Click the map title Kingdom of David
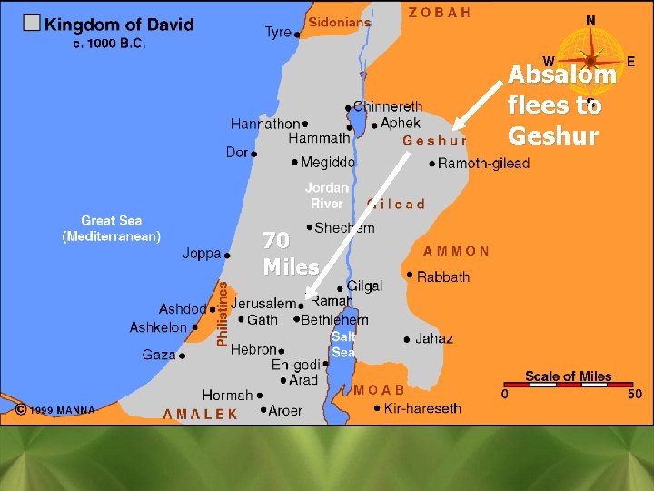pos(120,25)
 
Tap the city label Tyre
pos(278,33)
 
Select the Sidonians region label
pos(340,21)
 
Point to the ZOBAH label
pos(440,13)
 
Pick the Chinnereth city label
pos(387,107)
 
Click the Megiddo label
pos(327,163)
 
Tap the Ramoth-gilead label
pos(483,164)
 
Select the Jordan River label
pos(327,195)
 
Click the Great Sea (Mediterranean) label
pos(112,228)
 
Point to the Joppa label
pos(202,254)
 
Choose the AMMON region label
pos(456,251)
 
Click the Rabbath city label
pos(443,276)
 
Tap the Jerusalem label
pos(263,304)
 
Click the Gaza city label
pos(159,355)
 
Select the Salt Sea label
pos(343,345)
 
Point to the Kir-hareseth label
pos(422,408)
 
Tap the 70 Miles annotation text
pos(290,254)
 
